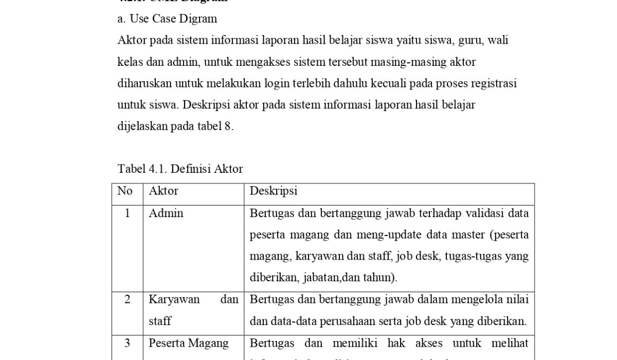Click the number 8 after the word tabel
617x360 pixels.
click(228, 127)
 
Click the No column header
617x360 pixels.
click(125, 191)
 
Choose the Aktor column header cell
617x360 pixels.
click(164, 191)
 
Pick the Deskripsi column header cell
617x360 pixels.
click(274, 191)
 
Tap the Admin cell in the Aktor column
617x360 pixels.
click(166, 213)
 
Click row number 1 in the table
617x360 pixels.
click(127, 213)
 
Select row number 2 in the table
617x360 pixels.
click(127, 299)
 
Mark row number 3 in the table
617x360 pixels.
click(127, 343)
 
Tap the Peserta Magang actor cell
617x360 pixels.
click(189, 343)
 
